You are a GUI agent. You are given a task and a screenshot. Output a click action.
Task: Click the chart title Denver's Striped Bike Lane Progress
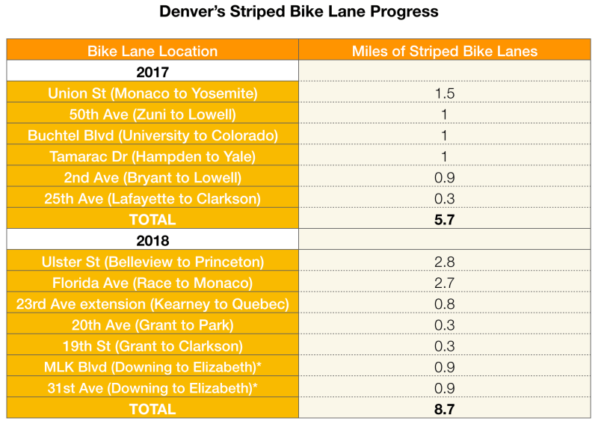point(299,13)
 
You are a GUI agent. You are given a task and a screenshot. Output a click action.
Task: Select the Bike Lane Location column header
point(152,51)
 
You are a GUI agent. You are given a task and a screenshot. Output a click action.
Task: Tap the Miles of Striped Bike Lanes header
point(445,51)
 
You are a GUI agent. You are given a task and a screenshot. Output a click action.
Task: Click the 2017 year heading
point(152,73)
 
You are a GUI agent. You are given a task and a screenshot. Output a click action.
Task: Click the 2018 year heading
point(152,241)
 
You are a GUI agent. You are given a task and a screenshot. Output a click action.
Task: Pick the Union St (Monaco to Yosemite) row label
point(152,93)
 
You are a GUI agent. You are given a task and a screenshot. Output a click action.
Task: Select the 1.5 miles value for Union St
point(445,93)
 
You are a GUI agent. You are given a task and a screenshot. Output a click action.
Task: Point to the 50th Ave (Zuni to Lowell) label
point(152,114)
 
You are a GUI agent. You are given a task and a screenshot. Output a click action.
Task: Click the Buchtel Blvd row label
point(152,135)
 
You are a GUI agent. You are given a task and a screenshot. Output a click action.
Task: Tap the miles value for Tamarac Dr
point(445,156)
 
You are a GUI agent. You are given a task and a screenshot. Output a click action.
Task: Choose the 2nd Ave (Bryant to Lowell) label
point(152,178)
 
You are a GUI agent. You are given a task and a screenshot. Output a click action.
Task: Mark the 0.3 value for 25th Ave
point(445,199)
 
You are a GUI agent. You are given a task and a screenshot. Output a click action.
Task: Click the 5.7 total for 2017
point(445,220)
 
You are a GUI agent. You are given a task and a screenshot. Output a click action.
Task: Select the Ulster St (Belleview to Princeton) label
point(152,262)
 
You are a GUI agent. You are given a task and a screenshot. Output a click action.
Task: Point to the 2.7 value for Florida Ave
point(445,283)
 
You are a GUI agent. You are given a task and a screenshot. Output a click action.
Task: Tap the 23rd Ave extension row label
point(152,304)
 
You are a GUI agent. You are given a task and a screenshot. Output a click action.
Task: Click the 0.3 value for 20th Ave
point(445,325)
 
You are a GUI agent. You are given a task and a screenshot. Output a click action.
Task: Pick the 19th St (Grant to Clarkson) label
point(152,346)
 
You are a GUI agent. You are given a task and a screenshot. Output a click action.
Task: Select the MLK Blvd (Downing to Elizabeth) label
point(152,367)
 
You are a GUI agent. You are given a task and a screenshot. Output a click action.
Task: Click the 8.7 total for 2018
point(445,409)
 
